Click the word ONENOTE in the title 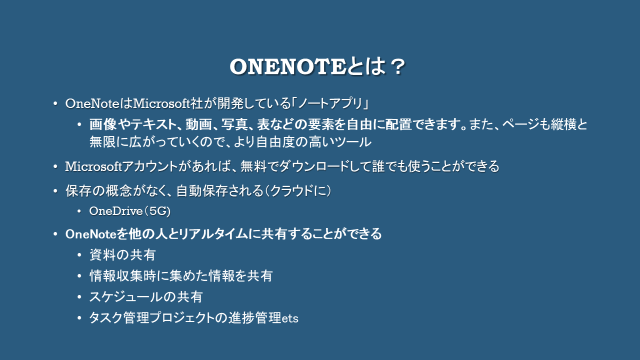coord(288,67)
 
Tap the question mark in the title coord(397,67)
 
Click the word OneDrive coord(116,211)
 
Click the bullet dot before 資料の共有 coord(79,255)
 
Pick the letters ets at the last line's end coord(290,318)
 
